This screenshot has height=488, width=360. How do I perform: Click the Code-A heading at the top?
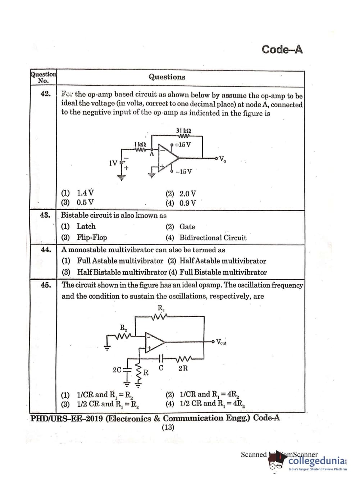[x=282, y=49]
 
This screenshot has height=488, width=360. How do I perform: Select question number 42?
[x=45, y=94]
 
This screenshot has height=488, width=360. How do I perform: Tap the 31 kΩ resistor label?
[x=183, y=131]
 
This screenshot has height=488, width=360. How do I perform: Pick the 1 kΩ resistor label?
[x=140, y=144]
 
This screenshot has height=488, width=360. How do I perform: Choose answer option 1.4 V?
[x=86, y=193]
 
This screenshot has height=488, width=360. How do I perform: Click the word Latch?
[x=86, y=226]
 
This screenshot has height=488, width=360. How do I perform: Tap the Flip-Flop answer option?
[x=92, y=238]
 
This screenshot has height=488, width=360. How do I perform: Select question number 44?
[x=46, y=249]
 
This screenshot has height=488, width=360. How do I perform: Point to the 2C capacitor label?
[x=117, y=370]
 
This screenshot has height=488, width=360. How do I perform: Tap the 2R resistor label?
[x=183, y=368]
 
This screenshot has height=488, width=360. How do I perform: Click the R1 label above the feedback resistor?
[x=160, y=308]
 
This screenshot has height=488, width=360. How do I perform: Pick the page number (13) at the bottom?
[x=168, y=427]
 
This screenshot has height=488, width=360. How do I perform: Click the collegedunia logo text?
[x=316, y=461]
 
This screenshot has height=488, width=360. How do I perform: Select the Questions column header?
[x=167, y=77]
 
